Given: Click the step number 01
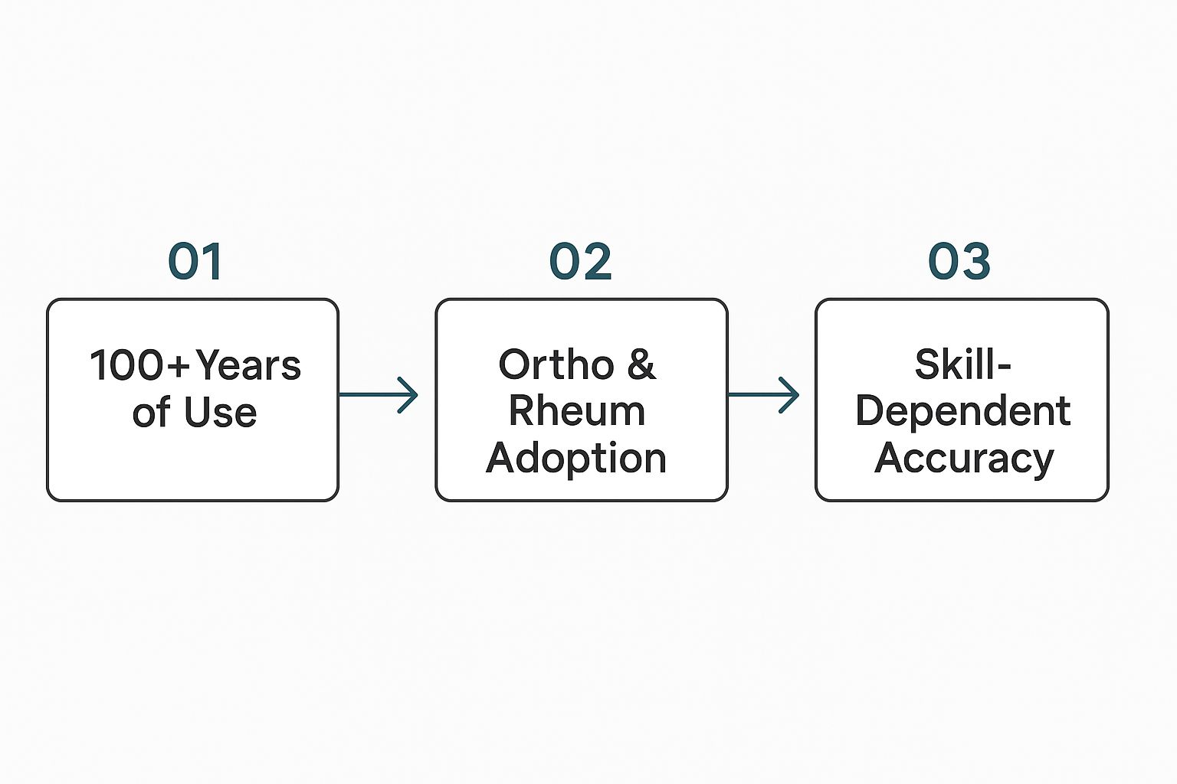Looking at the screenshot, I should (x=195, y=262).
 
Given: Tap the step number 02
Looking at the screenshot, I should (x=581, y=262).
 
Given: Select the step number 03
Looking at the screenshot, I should (x=959, y=262).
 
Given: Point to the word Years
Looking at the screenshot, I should (x=248, y=366).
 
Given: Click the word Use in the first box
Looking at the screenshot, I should (x=220, y=413).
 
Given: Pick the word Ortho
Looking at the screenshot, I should (x=556, y=364).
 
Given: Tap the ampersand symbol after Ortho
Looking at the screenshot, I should (x=641, y=364).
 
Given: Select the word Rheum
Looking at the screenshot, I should (x=577, y=411).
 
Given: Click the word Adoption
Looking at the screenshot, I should (x=576, y=458).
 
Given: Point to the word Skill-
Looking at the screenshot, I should (x=962, y=364).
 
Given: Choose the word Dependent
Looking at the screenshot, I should (x=962, y=411).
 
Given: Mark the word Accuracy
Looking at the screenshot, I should (x=964, y=459).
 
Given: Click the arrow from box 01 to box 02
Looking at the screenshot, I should (x=378, y=395).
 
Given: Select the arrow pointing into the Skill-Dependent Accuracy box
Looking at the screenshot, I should (x=763, y=395).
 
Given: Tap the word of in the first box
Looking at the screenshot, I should (x=151, y=413).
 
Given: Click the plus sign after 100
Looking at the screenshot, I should (x=179, y=367).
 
